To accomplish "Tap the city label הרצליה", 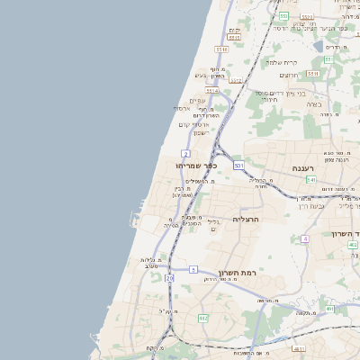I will [246, 219].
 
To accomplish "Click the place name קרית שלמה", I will [294, 62].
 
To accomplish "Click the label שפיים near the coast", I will [199, 101].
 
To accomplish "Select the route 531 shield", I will [238, 166].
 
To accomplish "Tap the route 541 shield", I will [310, 180].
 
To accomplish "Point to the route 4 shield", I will [305, 238].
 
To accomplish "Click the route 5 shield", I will [193, 269].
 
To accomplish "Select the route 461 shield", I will [330, 309].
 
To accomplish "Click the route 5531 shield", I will [307, 16].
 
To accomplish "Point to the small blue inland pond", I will [318, 45].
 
